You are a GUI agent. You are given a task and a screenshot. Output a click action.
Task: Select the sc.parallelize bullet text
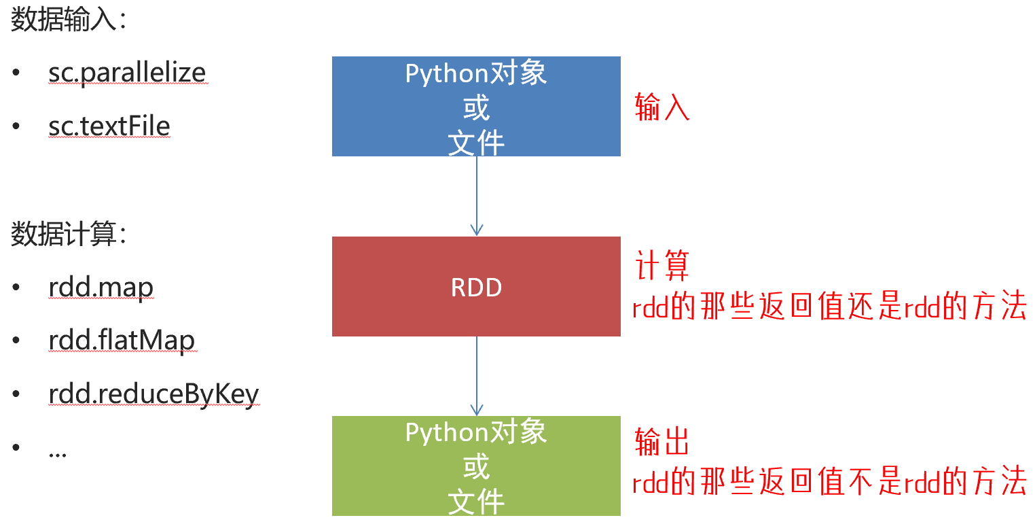127,72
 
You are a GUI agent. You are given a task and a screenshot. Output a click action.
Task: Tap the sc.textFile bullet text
109,126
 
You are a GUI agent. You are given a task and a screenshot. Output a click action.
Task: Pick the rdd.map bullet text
101,288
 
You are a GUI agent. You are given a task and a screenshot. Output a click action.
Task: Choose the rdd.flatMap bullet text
122,341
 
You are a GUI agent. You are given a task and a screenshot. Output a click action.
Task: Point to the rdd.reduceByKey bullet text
153,394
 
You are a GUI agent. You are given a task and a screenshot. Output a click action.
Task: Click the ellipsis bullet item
58,451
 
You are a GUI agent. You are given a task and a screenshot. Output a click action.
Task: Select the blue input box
476,107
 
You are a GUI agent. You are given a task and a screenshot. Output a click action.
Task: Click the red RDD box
476,287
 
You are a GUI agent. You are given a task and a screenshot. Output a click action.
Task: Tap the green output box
476,466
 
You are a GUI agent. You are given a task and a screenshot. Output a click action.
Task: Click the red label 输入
662,107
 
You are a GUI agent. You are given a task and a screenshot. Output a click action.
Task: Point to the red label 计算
662,266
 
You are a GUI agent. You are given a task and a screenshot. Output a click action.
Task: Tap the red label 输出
662,442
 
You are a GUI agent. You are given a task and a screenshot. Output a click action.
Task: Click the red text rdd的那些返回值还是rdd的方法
829,308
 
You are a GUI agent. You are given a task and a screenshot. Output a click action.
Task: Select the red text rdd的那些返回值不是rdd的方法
829,483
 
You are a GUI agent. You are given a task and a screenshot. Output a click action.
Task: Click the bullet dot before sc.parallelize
16,73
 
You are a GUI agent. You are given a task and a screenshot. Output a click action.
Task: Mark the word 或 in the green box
476,467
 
